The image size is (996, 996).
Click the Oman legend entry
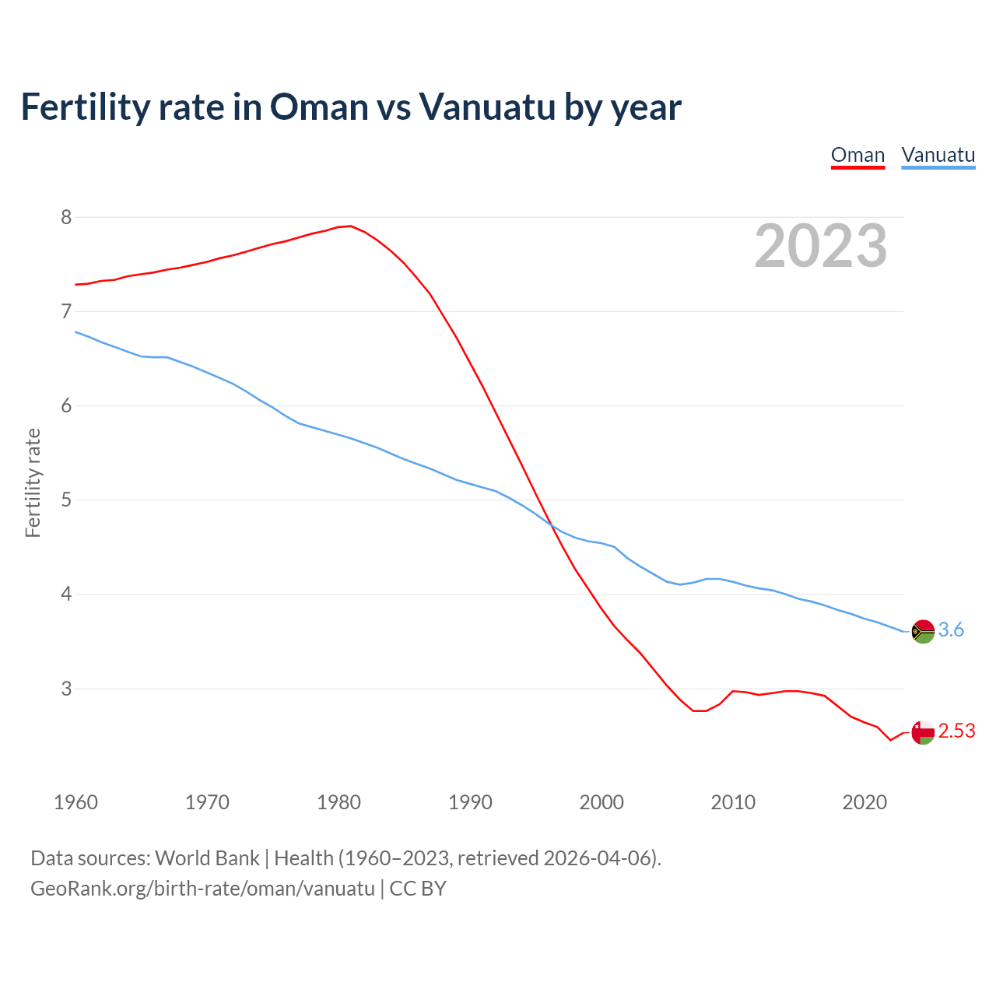tap(857, 155)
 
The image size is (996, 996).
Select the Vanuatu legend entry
tap(938, 155)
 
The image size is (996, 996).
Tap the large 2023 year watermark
tap(821, 246)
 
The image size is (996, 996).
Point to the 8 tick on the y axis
tap(66, 217)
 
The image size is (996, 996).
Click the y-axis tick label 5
tap(66, 500)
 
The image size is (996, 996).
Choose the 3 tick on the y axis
tap(66, 689)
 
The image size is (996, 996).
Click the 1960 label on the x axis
tap(75, 802)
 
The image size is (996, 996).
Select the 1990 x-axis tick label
tap(470, 802)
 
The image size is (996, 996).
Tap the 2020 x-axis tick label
tap(864, 802)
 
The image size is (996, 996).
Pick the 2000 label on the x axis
tap(601, 802)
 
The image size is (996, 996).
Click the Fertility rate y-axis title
tap(33, 482)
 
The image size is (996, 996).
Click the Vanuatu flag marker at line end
tap(923, 631)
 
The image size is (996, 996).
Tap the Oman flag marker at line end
tap(923, 732)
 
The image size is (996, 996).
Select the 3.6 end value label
tap(951, 630)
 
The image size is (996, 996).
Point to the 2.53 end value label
tap(956, 731)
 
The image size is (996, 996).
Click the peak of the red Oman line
tap(350, 226)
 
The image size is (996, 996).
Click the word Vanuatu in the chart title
tap(486, 107)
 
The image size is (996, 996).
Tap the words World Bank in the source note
tap(207, 858)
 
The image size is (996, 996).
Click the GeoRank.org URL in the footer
tap(202, 889)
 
